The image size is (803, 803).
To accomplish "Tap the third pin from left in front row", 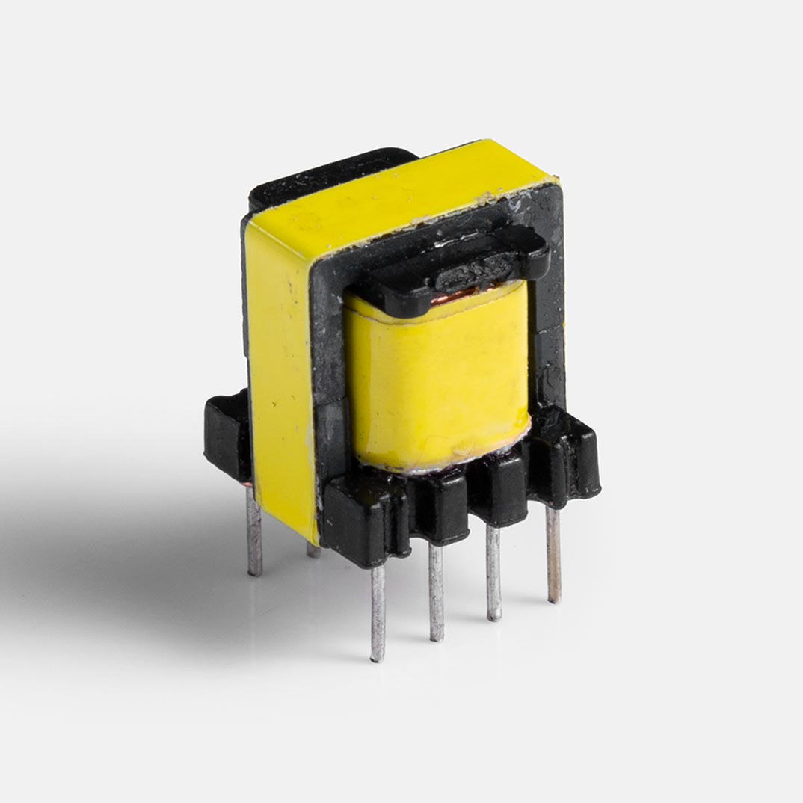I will tap(493, 572).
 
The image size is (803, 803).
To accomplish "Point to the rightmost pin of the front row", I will tap(553, 553).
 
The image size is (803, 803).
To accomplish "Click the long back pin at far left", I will tap(254, 531).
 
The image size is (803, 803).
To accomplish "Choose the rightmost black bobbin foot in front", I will tap(572, 456).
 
